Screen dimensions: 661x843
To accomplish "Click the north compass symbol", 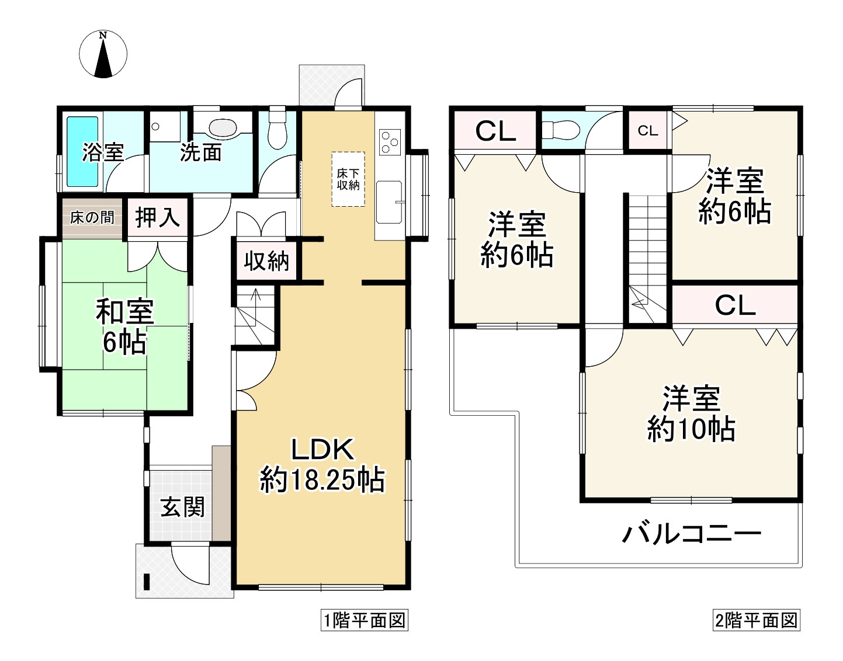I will (103, 54).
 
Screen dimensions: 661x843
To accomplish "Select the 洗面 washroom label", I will (200, 152).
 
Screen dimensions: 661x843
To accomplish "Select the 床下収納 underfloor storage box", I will (348, 179).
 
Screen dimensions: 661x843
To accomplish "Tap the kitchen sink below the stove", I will (389, 202).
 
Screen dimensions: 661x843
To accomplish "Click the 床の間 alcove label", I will (92, 218).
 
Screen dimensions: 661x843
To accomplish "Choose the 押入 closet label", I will (157, 218).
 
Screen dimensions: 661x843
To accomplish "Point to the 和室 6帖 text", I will (124, 326).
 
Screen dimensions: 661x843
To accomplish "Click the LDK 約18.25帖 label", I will (322, 465).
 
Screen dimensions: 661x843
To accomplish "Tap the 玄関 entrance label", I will (183, 507).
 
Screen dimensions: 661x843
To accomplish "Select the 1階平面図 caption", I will (364, 620).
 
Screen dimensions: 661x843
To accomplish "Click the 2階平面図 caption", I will (756, 620).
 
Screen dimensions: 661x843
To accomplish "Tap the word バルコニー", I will (692, 534).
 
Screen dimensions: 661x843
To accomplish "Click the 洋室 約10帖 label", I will (691, 413).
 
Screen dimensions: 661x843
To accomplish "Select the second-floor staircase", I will (648, 257).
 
